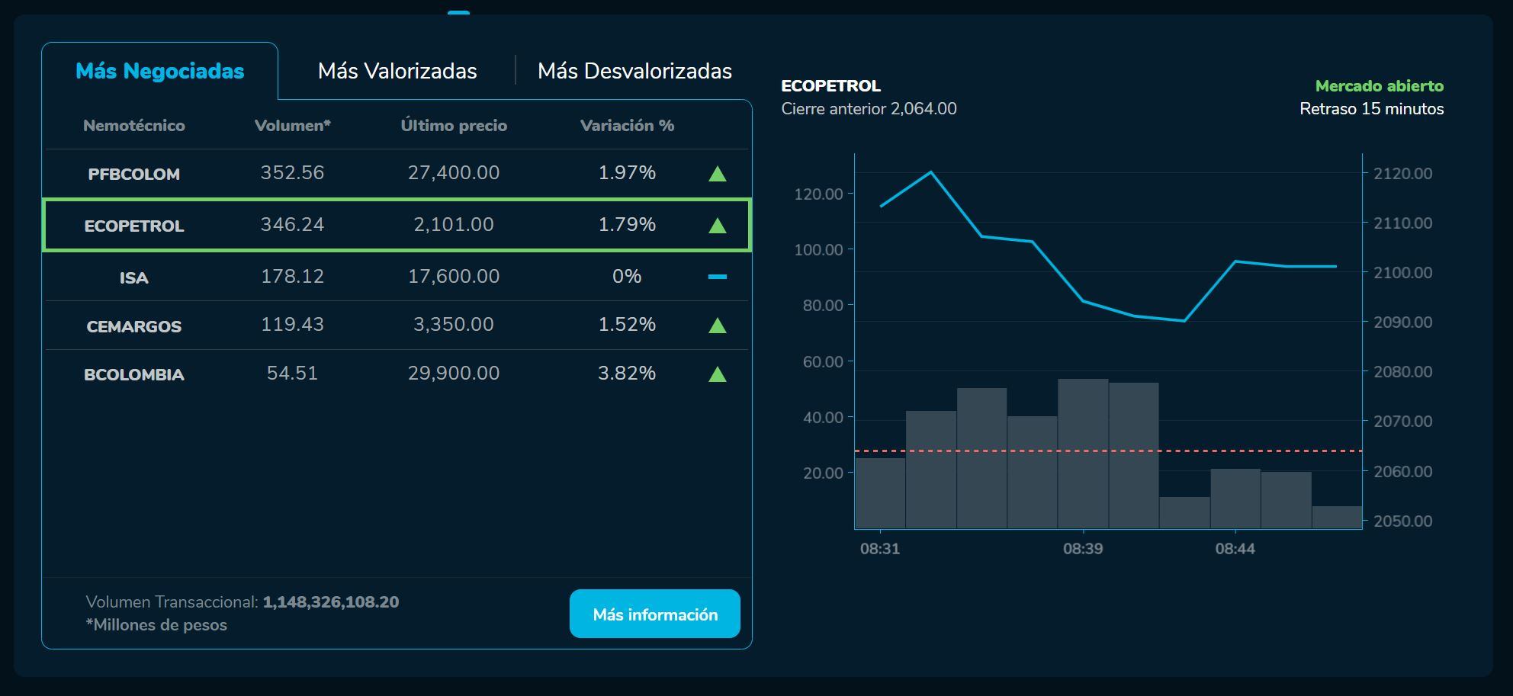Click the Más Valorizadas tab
(x=397, y=71)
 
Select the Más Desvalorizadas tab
(x=634, y=71)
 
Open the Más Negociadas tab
(x=159, y=71)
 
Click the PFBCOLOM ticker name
(x=134, y=174)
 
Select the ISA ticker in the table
(x=134, y=277)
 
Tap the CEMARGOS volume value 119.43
(x=292, y=325)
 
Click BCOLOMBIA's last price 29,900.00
(x=454, y=374)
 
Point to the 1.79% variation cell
(x=627, y=225)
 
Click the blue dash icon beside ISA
(x=717, y=277)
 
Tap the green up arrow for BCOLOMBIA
(x=717, y=374)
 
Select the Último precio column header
(x=454, y=126)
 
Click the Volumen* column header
(x=292, y=126)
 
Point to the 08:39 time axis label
(x=1083, y=549)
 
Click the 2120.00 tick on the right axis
(x=1402, y=174)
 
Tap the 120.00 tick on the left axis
(x=818, y=194)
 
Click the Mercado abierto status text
(x=1379, y=86)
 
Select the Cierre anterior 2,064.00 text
(x=869, y=109)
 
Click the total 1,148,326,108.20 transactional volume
(x=330, y=602)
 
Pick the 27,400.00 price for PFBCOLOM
(x=454, y=173)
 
